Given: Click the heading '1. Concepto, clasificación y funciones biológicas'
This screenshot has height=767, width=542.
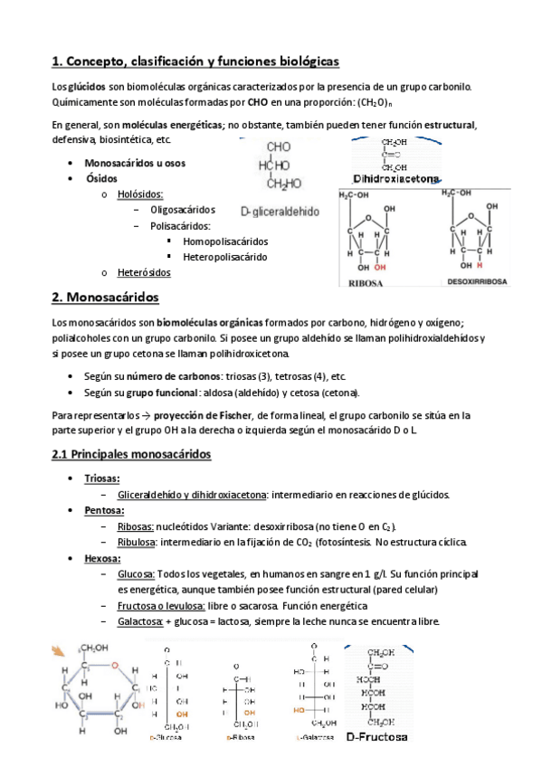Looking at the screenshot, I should [195, 62].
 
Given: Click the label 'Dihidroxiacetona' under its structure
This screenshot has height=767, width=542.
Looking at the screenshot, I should [397, 179].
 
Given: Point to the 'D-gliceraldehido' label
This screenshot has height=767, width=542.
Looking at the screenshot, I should [281, 211].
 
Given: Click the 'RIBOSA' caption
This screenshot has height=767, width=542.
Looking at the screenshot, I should [368, 282].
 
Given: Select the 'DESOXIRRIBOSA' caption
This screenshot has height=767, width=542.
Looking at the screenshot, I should [480, 282].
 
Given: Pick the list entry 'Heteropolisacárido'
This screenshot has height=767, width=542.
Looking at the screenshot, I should [225, 257].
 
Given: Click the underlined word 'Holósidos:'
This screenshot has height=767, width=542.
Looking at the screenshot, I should [141, 194].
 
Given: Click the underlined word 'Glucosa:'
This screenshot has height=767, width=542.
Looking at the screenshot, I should [137, 574].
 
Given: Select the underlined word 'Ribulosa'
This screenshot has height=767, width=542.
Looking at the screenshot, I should [138, 542].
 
